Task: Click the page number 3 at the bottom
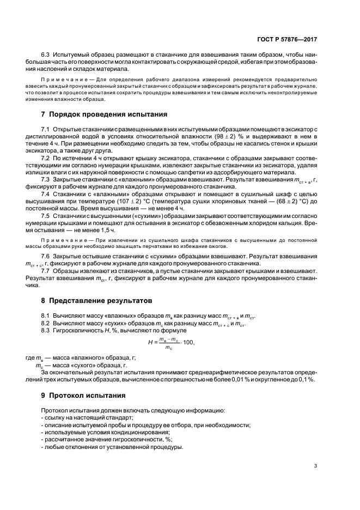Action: click(315, 465)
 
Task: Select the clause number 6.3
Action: click(46, 55)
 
